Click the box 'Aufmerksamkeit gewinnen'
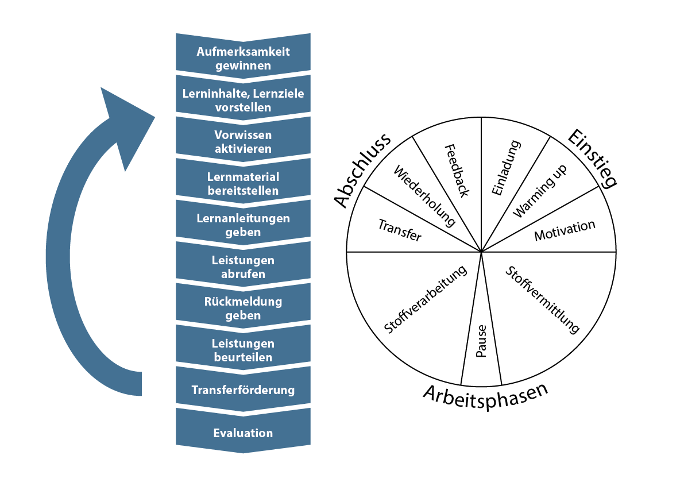click(x=243, y=58)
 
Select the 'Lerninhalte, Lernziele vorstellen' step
click(x=243, y=100)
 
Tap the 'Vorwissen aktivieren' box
click(x=243, y=141)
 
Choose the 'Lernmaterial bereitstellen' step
click(x=243, y=183)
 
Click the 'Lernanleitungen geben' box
click(x=243, y=225)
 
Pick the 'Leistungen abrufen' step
click(x=243, y=267)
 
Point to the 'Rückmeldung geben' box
click(x=243, y=308)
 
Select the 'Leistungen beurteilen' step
click(x=243, y=350)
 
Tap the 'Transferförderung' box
click(x=243, y=390)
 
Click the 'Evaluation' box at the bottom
click(x=243, y=433)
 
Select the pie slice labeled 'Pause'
click(x=481, y=342)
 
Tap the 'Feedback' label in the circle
click(x=457, y=170)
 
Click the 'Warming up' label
click(x=540, y=191)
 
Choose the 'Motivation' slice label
click(x=565, y=230)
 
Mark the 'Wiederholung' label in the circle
click(x=425, y=196)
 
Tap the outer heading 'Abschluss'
click(x=362, y=170)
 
